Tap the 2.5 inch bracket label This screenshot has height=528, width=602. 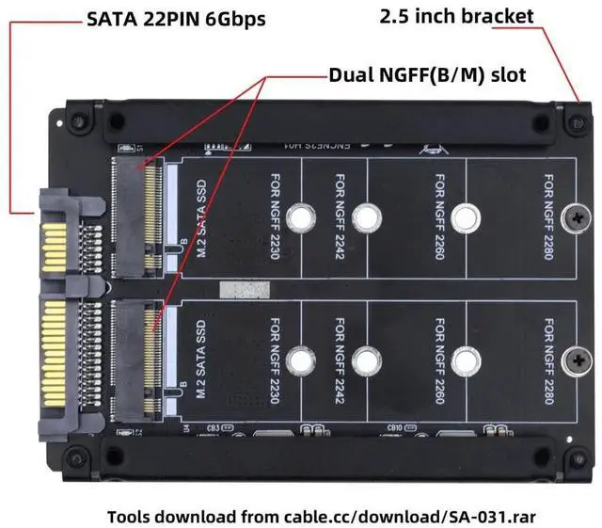coord(457,16)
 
